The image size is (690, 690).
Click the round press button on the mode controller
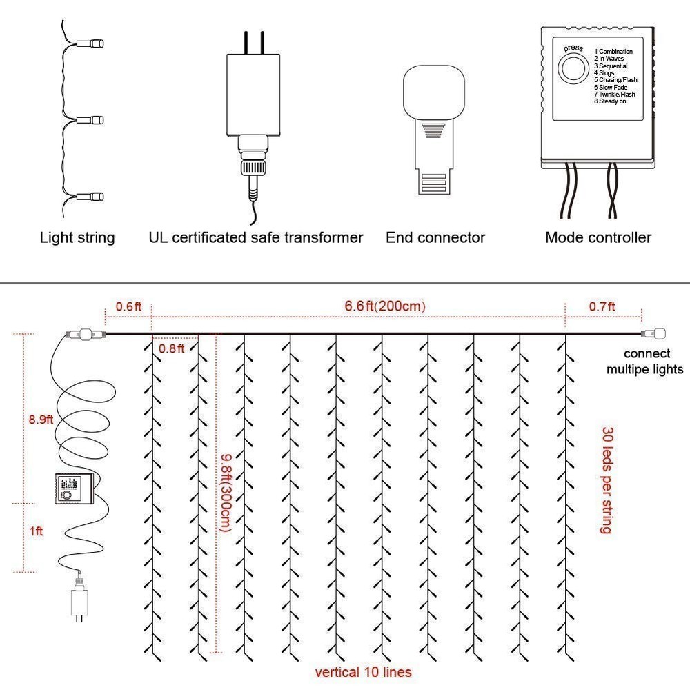(x=573, y=68)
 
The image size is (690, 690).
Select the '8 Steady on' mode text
(x=610, y=101)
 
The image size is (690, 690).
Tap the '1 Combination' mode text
(x=613, y=52)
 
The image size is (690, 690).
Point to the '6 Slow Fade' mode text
(x=611, y=87)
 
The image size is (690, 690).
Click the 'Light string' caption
(x=77, y=237)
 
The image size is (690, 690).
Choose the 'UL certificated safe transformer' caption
(x=256, y=237)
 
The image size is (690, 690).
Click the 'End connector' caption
(x=435, y=237)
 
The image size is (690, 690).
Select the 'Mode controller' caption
(x=598, y=237)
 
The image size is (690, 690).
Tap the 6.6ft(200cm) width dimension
(x=385, y=306)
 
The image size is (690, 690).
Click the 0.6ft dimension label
(x=128, y=306)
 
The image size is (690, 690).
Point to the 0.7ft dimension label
(x=602, y=306)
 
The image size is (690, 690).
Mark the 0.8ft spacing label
(x=171, y=348)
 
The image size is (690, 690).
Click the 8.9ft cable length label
(x=41, y=420)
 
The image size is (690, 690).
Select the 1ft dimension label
(x=36, y=531)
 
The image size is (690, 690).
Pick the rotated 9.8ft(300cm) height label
(x=226, y=493)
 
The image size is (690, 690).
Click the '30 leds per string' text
(x=607, y=480)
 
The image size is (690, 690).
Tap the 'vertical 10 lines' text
(x=363, y=672)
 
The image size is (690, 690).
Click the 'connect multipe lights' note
(x=644, y=362)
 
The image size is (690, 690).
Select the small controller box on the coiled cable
(x=75, y=489)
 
